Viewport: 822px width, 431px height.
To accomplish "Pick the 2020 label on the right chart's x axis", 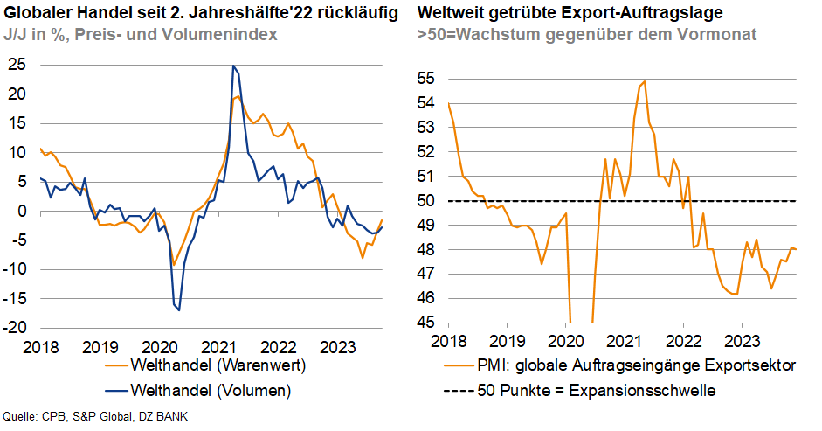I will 564,340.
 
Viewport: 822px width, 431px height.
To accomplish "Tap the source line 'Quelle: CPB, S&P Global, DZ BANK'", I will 95,416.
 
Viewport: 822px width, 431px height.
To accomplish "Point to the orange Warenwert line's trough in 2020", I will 174,264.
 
